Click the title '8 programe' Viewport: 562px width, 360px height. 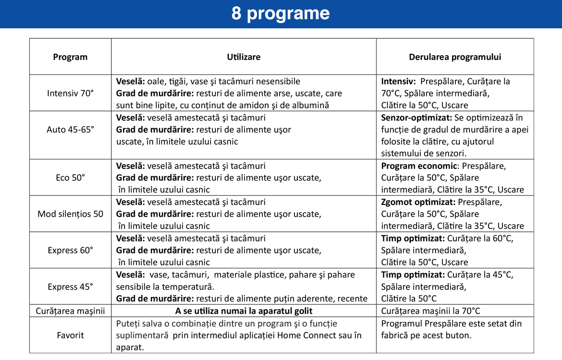[281, 13]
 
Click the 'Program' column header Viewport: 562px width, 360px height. [70, 57]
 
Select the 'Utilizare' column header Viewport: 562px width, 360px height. [244, 57]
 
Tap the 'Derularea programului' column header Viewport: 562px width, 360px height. [455, 57]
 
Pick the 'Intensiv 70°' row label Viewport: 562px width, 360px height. [70, 93]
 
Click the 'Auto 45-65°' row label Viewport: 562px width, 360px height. [70, 130]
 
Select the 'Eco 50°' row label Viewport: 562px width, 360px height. [70, 178]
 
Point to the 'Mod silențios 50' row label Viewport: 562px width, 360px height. [70, 214]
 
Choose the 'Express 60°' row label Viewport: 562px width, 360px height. [70, 251]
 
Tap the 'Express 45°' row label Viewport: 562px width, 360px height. [70, 287]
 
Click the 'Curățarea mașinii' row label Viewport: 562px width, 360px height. [70, 311]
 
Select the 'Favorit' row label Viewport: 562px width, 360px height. [70, 335]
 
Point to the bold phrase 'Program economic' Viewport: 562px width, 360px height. [418, 166]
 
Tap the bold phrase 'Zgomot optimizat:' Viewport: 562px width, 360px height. [418, 202]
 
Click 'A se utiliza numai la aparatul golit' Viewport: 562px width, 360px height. [244, 311]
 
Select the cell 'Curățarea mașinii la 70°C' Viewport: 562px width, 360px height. [430, 311]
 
